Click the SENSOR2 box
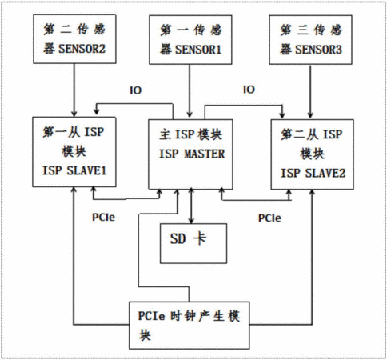coord(74,39)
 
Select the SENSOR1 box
coord(190,40)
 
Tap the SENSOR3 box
coord(310,40)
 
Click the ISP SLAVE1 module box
coord(74,152)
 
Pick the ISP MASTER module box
coord(190,154)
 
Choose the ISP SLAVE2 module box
coord(313,154)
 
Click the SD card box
coord(193,243)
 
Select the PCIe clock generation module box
coord(190,326)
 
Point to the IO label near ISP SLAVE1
coord(135,90)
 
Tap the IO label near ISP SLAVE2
coord(249,90)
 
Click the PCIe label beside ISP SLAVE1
coord(103,218)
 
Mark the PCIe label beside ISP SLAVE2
coord(269,218)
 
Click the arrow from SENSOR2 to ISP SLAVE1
coord(74,90)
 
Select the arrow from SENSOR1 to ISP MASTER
coord(190,91)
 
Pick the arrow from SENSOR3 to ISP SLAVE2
coord(310,91)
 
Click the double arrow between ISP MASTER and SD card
coord(191,206)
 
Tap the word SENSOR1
coord(198,50)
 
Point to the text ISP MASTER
coord(192,154)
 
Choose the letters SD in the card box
coord(178,238)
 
